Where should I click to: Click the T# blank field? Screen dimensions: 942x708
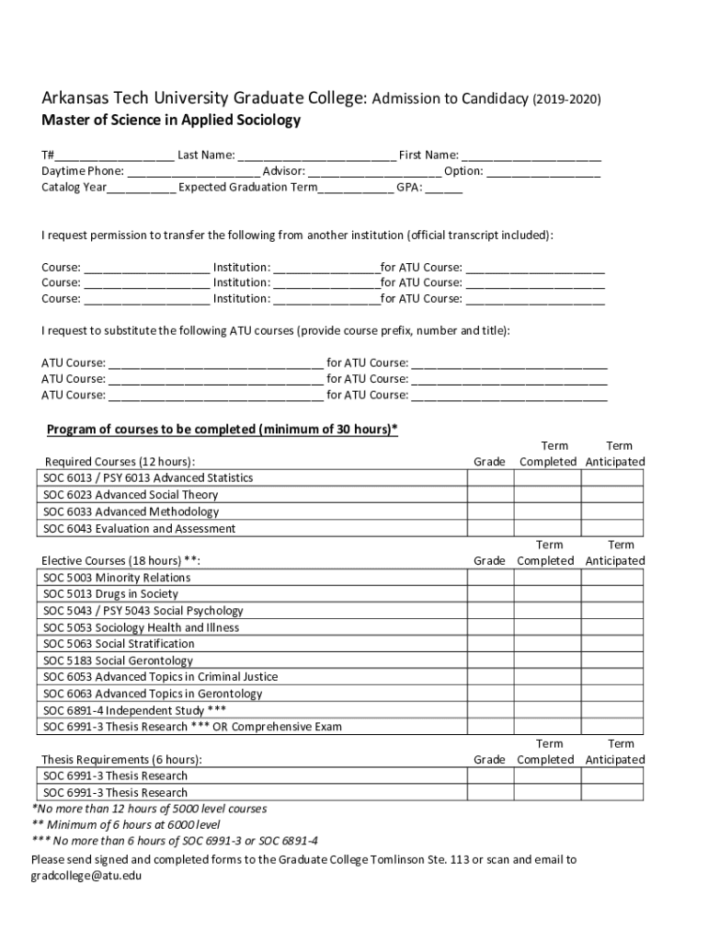point(114,155)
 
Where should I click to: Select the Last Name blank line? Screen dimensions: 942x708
point(316,155)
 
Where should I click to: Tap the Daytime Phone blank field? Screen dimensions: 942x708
point(194,171)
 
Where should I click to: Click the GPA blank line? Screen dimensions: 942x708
point(444,188)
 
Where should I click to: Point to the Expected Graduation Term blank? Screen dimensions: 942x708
point(356,188)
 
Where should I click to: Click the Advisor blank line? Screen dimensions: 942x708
point(374,171)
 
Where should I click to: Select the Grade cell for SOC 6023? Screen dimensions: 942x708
point(489,495)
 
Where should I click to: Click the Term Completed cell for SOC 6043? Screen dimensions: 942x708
point(548,528)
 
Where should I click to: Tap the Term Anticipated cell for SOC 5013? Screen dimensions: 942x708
point(615,594)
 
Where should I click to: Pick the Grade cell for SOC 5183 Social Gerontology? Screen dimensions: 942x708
point(489,661)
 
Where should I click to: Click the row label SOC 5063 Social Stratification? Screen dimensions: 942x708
point(119,644)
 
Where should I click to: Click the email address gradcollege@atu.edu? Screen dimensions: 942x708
point(86,876)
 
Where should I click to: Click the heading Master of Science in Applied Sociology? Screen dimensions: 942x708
point(171,121)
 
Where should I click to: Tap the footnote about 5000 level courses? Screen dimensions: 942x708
point(150,809)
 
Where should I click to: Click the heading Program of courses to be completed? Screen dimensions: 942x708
point(222,430)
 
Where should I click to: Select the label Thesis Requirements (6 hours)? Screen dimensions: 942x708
point(121,760)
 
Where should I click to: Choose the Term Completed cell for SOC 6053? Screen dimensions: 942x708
point(548,677)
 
